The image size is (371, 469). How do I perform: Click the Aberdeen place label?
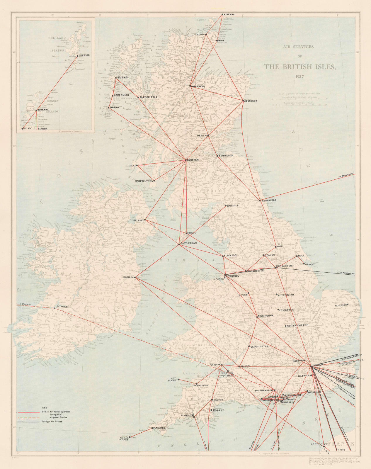pyautogui.click(x=251, y=101)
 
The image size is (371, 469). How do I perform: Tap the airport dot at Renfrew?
pyautogui.click(x=186, y=160)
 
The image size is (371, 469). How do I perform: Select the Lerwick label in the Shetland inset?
pyautogui.click(x=84, y=55)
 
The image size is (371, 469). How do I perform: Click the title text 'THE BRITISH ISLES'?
pyautogui.click(x=299, y=67)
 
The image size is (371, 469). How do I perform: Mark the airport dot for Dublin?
pyautogui.click(x=135, y=277)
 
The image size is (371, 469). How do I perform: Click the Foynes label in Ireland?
pyautogui.click(x=62, y=307)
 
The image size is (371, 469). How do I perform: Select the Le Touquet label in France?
pyautogui.click(x=319, y=444)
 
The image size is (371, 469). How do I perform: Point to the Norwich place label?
pyautogui.click(x=341, y=305)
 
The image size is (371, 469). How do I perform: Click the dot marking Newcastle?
pyautogui.click(x=260, y=200)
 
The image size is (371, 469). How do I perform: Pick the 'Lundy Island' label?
pyautogui.click(x=171, y=380)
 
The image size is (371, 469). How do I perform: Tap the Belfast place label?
pyautogui.click(x=138, y=220)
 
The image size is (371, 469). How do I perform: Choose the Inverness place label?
pyautogui.click(x=198, y=86)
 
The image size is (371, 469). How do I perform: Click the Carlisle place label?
pyautogui.click(x=233, y=205)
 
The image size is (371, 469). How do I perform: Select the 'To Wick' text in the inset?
pyautogui.click(x=42, y=129)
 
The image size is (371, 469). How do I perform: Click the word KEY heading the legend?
pyautogui.click(x=45, y=408)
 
